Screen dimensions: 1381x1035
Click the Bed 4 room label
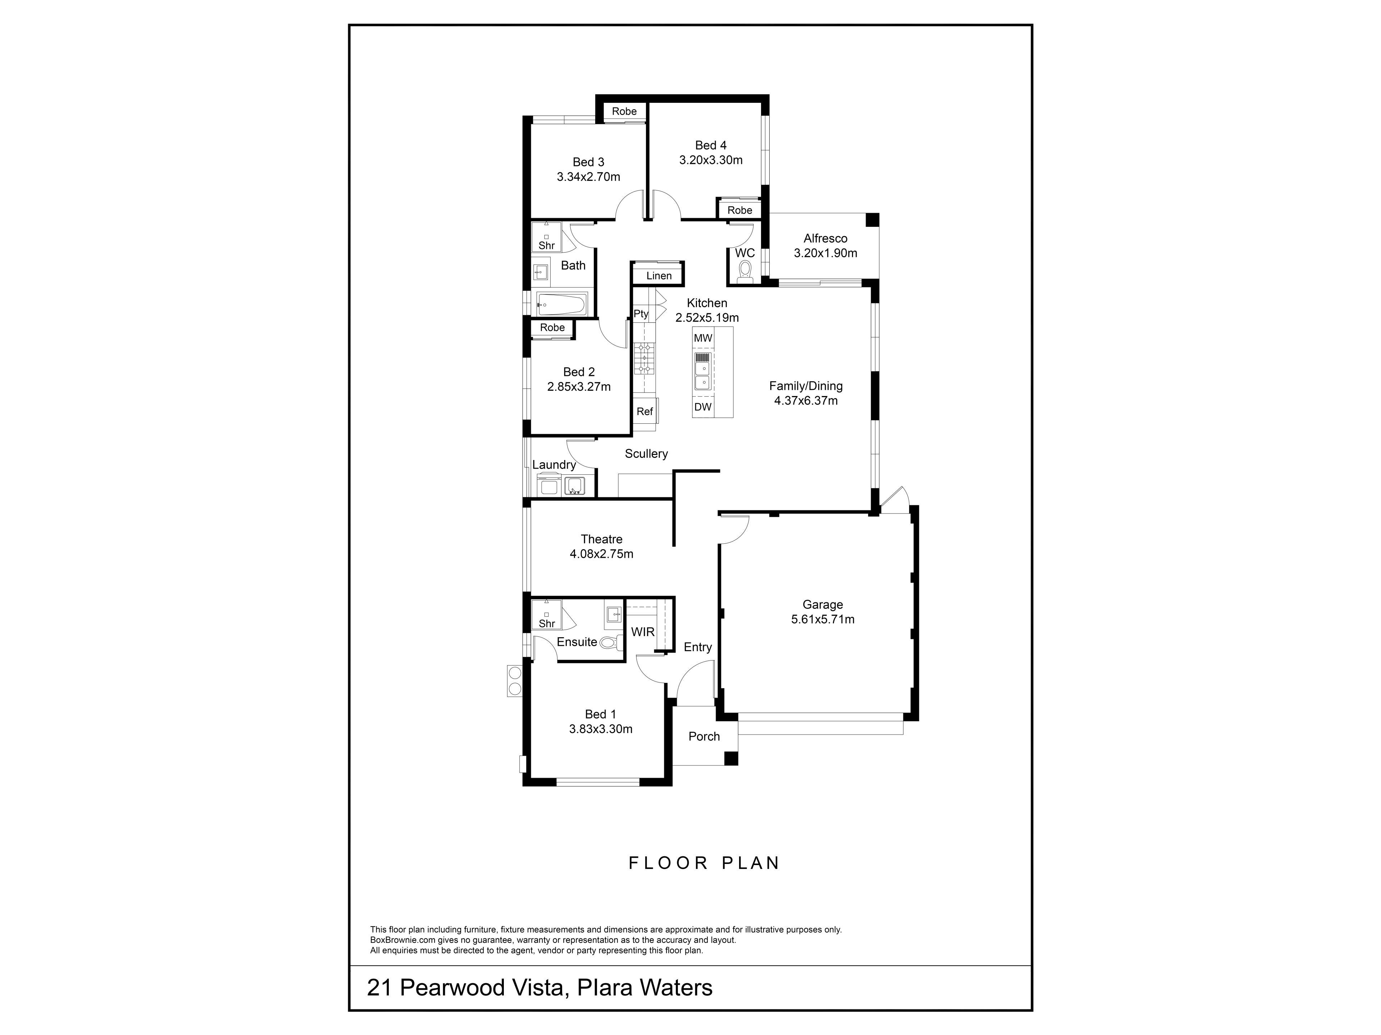(x=711, y=145)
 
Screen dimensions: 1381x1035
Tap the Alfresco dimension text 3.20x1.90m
(x=825, y=253)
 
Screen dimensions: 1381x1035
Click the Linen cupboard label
(x=658, y=276)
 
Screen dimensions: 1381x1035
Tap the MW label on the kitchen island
(x=703, y=338)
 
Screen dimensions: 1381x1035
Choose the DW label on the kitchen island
(x=703, y=407)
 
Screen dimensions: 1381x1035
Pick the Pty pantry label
(x=641, y=314)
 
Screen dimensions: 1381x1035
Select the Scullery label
(x=646, y=454)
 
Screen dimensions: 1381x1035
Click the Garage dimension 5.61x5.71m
(x=823, y=620)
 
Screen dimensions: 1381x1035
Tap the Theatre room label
(x=601, y=539)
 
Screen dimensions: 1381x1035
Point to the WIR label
(x=642, y=632)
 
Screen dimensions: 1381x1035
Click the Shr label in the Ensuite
(x=547, y=623)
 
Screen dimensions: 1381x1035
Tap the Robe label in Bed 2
(x=552, y=327)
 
